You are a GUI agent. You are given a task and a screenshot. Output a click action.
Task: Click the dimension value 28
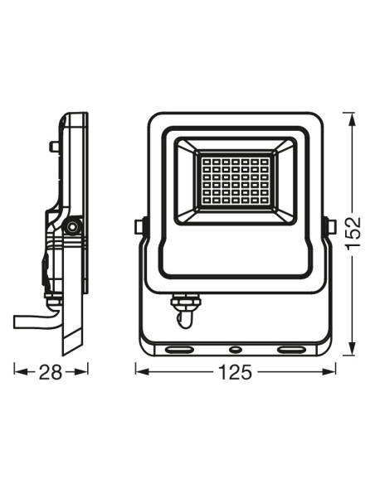pos(51,372)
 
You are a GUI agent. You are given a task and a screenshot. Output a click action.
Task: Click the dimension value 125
pos(236,372)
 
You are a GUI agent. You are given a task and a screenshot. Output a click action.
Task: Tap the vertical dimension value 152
pos(353,233)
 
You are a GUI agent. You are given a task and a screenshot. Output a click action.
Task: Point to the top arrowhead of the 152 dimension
pos(351,119)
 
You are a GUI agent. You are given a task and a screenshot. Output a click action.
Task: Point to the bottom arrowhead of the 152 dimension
pos(351,349)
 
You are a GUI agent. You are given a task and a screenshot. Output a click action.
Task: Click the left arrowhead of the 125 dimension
pos(143,371)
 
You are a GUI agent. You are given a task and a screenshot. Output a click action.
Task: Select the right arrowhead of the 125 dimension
pos(329,371)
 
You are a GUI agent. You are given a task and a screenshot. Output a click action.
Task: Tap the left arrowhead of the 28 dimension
pos(21,371)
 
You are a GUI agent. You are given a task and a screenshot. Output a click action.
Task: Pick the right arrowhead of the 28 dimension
pos(81,371)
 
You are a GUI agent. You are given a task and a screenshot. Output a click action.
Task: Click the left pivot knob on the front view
pos(139,227)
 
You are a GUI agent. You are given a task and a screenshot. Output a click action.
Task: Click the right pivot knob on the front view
pos(331,227)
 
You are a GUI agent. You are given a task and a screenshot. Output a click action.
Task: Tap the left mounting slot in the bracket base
pos(179,350)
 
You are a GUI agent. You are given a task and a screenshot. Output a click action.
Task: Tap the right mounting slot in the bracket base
pos(291,350)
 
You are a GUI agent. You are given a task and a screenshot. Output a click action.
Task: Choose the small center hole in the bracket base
pos(236,350)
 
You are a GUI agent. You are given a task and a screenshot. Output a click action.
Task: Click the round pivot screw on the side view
pos(72,227)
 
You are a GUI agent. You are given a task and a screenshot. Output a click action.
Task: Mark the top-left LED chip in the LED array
pos(207,162)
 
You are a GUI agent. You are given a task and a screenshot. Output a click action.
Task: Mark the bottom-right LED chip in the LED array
pos(264,201)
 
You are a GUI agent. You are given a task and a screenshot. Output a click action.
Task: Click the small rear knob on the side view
pos(54,147)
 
